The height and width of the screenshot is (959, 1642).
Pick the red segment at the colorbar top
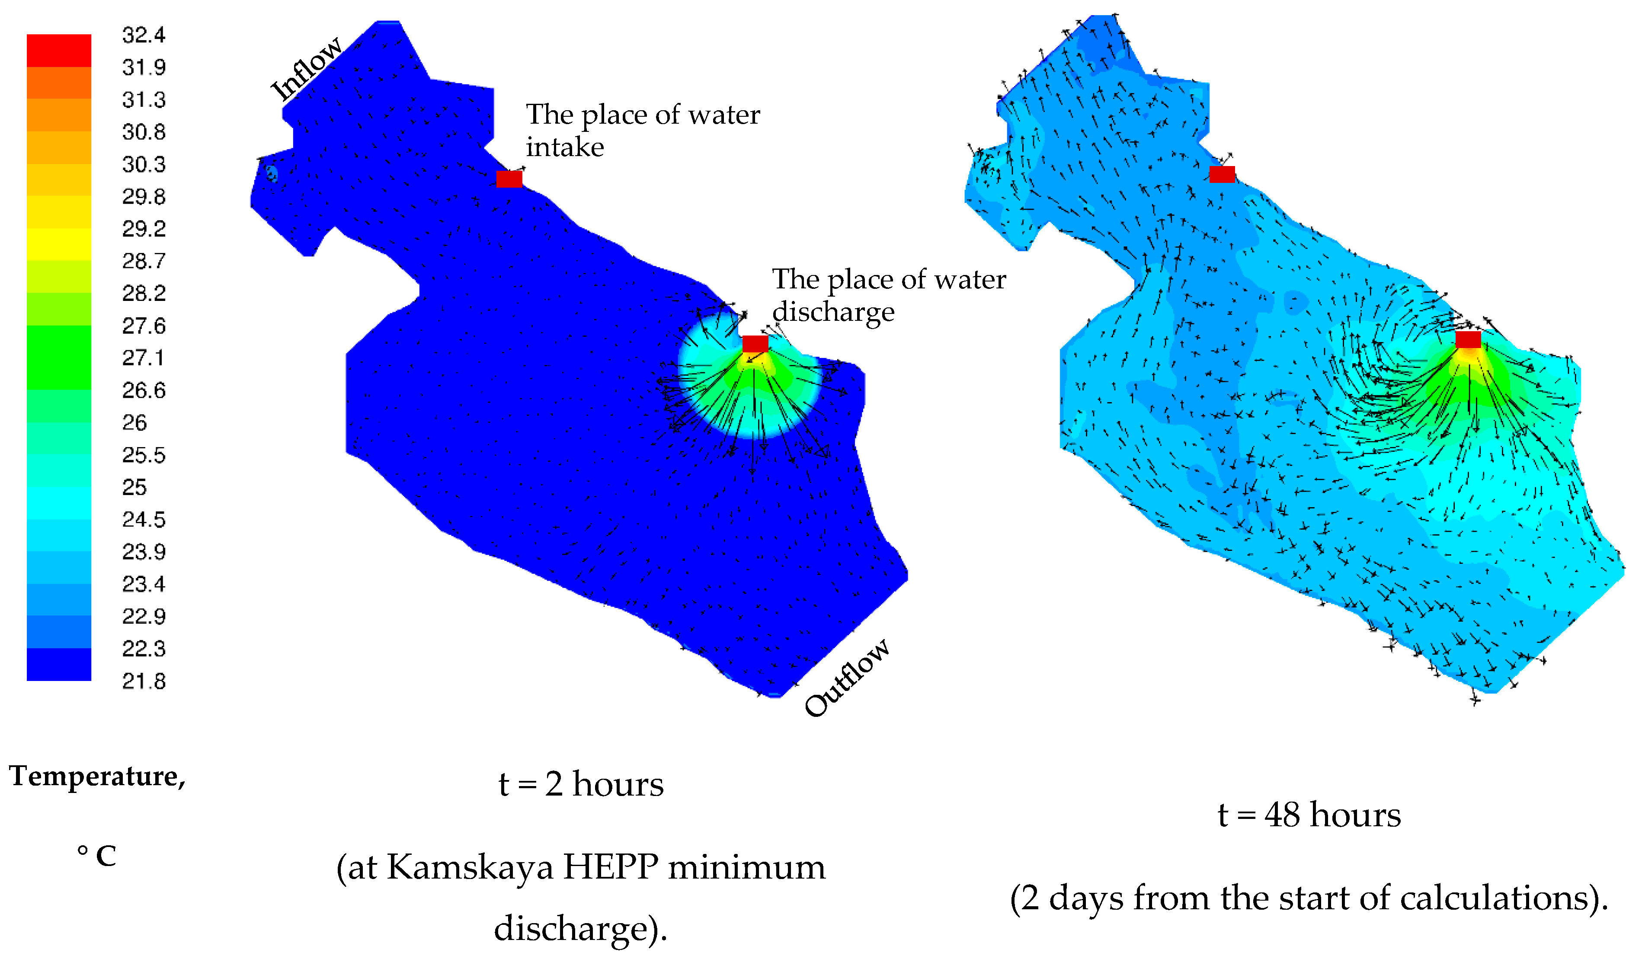click(x=59, y=50)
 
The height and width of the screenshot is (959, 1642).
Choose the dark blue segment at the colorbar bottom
click(x=59, y=665)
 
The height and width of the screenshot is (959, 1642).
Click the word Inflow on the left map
click(x=306, y=68)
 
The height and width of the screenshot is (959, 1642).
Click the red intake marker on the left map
click(x=509, y=179)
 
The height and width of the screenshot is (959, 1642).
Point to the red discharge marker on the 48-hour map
click(x=1468, y=339)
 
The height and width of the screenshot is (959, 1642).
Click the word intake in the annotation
click(x=565, y=147)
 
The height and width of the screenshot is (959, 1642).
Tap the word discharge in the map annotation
click(x=833, y=312)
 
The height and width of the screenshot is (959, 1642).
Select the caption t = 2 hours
click(x=581, y=784)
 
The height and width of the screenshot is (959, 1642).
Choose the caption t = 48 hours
click(x=1309, y=815)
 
